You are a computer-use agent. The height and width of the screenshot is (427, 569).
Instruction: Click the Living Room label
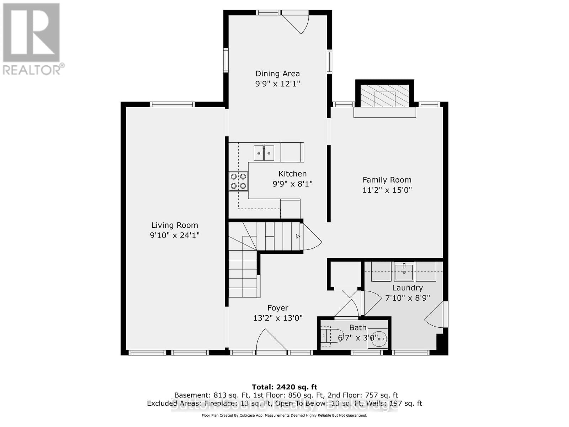pyautogui.click(x=175, y=225)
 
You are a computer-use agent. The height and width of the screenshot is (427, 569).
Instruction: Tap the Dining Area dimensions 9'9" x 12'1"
pyautogui.click(x=277, y=84)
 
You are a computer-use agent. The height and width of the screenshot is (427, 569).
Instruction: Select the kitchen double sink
pyautogui.click(x=264, y=153)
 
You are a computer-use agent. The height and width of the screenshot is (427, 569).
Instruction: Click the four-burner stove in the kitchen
pyautogui.click(x=238, y=181)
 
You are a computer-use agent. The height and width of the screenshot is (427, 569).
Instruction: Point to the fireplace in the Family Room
pyautogui.click(x=385, y=95)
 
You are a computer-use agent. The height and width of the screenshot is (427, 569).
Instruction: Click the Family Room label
pyautogui.click(x=387, y=180)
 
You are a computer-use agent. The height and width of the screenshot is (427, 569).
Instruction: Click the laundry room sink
pyautogui.click(x=404, y=271)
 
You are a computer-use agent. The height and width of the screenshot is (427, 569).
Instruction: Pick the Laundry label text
pyautogui.click(x=408, y=288)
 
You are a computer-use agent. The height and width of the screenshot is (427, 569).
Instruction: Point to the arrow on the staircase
pyautogui.click(x=298, y=236)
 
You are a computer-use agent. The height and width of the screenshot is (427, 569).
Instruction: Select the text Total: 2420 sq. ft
pyautogui.click(x=284, y=387)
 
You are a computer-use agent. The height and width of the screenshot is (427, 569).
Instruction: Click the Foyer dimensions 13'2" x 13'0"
pyautogui.click(x=278, y=318)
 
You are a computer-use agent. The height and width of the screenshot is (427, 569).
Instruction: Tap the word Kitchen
pyautogui.click(x=292, y=174)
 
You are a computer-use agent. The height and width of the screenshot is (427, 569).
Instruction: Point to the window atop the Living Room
pyautogui.click(x=172, y=104)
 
